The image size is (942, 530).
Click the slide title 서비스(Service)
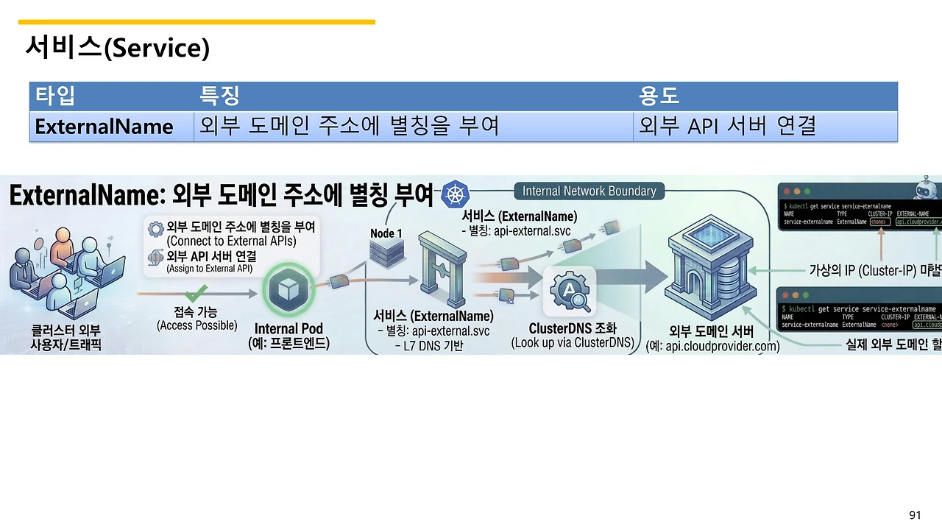tap(118, 49)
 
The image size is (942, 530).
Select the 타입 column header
tap(56, 96)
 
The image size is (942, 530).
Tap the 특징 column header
tap(219, 96)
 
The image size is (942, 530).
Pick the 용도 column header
tap(659, 96)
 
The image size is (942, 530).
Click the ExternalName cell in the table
tap(104, 127)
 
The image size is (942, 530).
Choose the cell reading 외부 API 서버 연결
tap(727, 127)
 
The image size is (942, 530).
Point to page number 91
tap(915, 515)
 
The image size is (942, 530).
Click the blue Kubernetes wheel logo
tap(455, 195)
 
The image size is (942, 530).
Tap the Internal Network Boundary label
tap(589, 191)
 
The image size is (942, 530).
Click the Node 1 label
tap(386, 233)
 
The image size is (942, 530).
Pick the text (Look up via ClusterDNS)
tap(573, 343)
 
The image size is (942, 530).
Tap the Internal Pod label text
tap(288, 329)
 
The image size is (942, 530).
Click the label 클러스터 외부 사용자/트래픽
tap(65, 337)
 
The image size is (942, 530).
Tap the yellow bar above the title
tap(196, 22)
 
